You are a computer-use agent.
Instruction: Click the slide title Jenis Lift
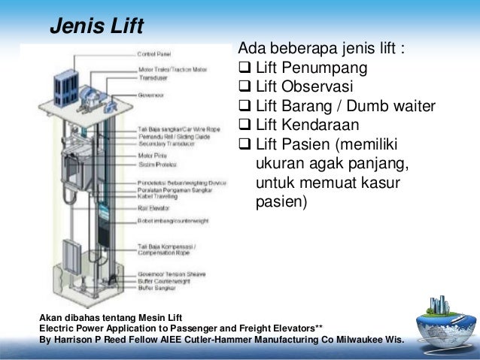tap(96, 27)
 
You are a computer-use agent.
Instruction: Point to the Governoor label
tap(151, 96)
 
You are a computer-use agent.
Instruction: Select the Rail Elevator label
tap(153, 206)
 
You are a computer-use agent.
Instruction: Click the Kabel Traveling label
tap(156, 195)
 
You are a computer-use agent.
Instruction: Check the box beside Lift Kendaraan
tap(244, 125)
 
